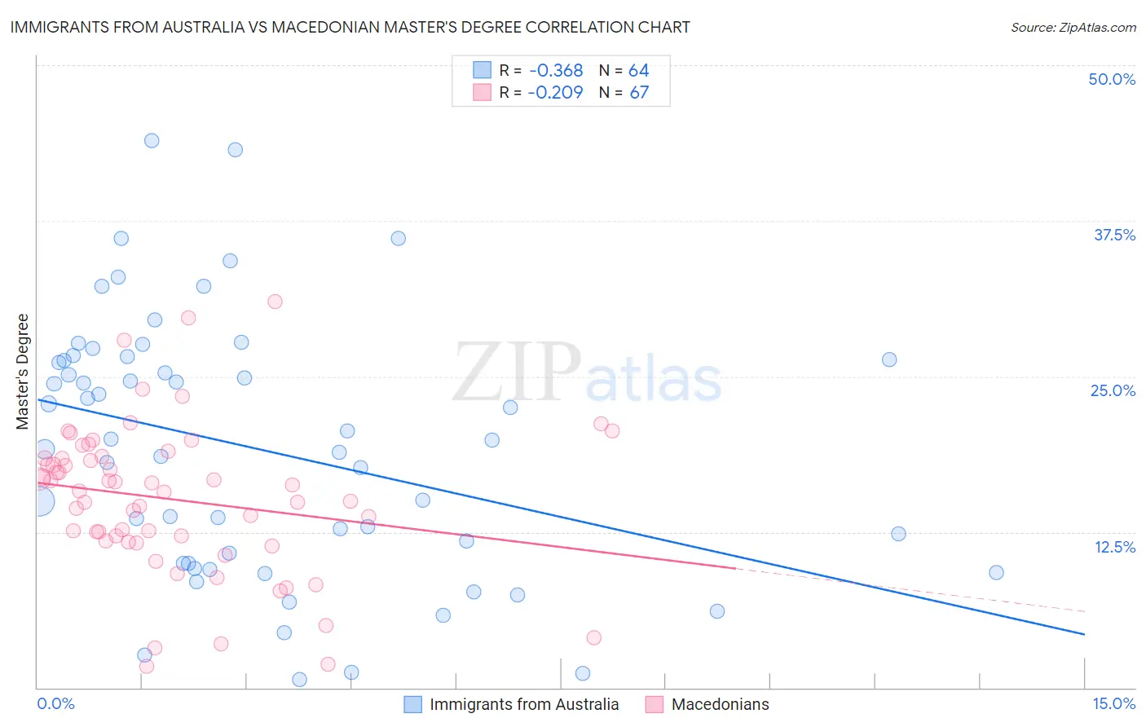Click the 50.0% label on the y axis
[1112, 79]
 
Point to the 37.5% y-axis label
[1114, 235]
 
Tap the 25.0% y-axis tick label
[1113, 390]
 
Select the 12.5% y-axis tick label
[1114, 547]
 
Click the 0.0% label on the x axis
[55, 704]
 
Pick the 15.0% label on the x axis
[1113, 704]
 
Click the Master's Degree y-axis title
[22, 372]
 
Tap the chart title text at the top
[350, 28]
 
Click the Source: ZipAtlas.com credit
[1073, 28]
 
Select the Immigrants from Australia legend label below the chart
[524, 705]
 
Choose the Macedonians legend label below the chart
[720, 705]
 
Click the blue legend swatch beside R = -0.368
[483, 70]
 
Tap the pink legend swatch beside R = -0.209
[483, 92]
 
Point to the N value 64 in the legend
[638, 70]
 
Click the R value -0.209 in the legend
[555, 92]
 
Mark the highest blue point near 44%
[152, 140]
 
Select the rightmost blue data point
[996, 572]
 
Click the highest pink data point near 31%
[275, 302]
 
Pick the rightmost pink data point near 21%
[612, 431]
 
